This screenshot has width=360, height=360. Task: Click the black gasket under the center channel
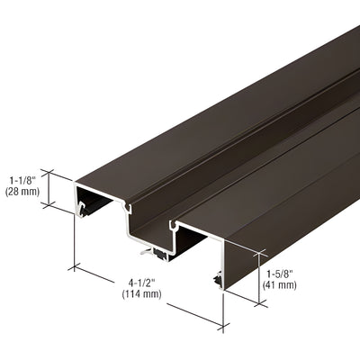160,256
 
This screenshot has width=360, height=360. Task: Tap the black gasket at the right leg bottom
218,282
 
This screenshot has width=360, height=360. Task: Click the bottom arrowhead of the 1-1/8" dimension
51,206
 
